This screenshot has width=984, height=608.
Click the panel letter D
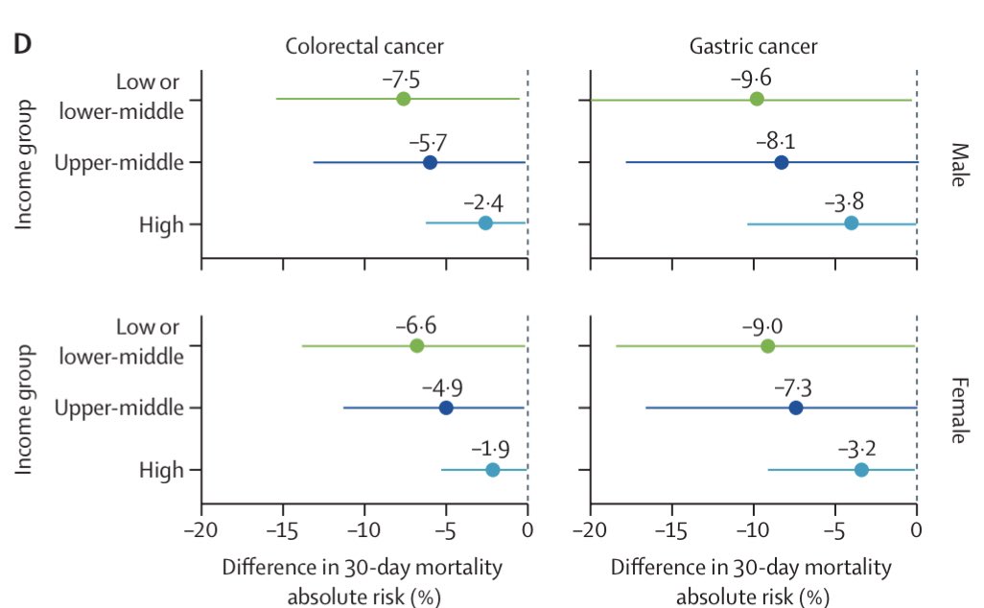[20, 44]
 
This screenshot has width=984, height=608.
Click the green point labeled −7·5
[404, 100]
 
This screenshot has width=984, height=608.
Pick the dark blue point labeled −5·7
[430, 162]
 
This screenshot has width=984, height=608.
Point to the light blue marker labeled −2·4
[485, 222]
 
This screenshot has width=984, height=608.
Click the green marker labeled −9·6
[757, 100]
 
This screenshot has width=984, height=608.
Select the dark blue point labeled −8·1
[782, 162]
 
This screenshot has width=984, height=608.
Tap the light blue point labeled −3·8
[852, 222]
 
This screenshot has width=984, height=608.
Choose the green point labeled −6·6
[416, 346]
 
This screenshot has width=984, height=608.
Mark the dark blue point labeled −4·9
[446, 408]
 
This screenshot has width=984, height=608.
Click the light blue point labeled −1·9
[493, 470]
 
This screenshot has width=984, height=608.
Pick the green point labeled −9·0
[767, 346]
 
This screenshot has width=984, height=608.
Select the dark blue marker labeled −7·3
[796, 408]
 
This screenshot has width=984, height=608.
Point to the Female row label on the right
[957, 409]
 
